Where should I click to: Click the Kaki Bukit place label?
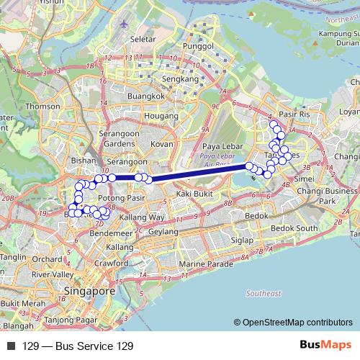coord(194,194)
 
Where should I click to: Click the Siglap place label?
coord(240,240)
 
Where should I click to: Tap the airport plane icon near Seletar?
coord(125,23)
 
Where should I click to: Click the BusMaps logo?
coord(325,346)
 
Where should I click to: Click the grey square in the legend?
coord(11,346)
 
